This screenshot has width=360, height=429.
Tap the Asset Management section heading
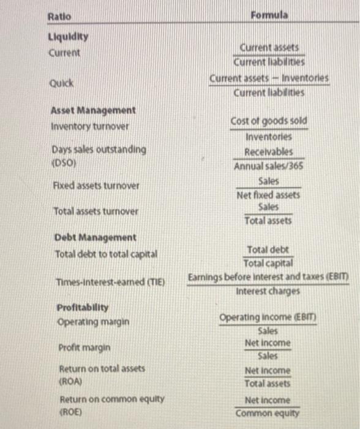click(94, 110)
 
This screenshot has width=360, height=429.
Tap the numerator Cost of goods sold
click(269, 121)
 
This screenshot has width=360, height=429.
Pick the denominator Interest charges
click(268, 291)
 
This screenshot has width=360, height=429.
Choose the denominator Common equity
click(268, 414)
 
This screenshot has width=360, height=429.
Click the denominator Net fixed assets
click(268, 195)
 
